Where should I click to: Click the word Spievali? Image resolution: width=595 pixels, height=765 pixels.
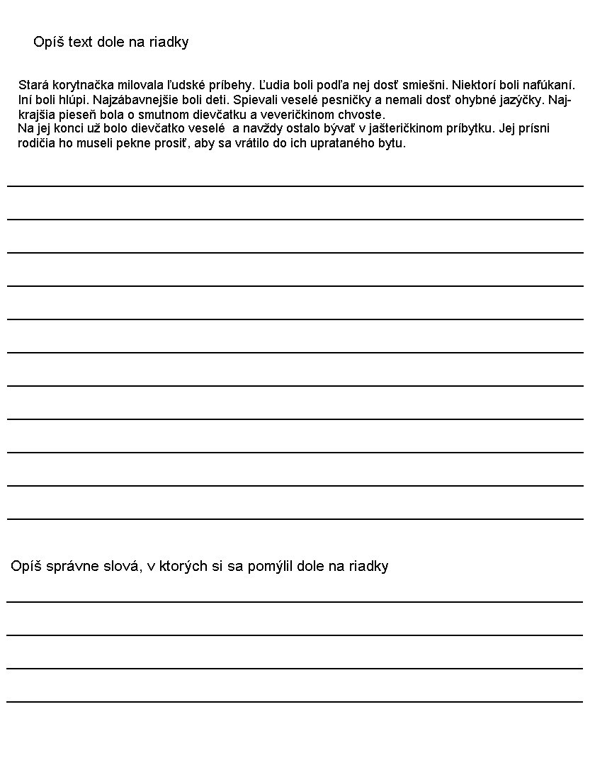point(254,100)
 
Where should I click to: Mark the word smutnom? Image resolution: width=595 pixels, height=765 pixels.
point(148,115)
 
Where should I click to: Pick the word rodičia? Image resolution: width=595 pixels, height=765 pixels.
point(36,143)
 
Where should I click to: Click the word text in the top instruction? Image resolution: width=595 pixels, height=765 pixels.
point(84,42)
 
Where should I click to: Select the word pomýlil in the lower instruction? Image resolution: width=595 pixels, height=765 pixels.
point(271,566)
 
